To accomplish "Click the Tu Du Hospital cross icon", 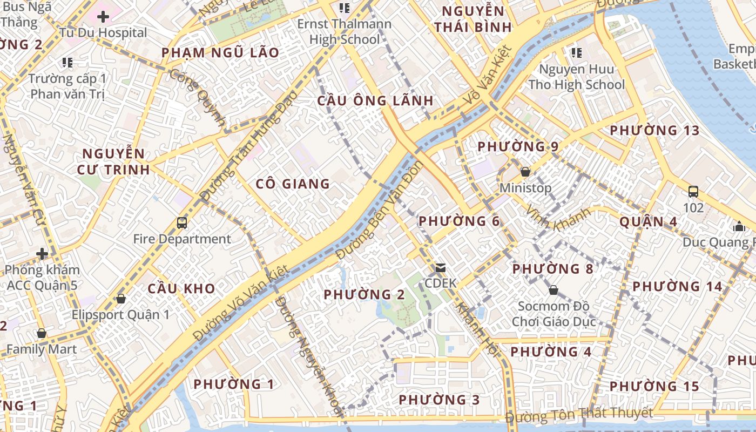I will [103, 17].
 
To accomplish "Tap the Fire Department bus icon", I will [182, 222].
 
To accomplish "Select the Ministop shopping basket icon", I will [525, 172].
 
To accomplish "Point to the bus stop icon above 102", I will [693, 191].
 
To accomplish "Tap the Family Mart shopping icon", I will [42, 333].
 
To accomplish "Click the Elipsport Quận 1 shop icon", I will [121, 299].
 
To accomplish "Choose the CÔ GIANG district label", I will [293, 184].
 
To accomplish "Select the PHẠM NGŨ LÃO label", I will [220, 53].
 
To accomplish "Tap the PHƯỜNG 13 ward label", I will [654, 131].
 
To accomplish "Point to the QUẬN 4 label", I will [648, 221].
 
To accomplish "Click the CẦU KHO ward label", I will [181, 288].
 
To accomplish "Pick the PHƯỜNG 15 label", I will [654, 387].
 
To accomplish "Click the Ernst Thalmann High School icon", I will [344, 8].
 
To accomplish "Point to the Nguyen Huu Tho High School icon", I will [577, 52].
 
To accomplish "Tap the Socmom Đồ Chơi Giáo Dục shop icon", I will [553, 291].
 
